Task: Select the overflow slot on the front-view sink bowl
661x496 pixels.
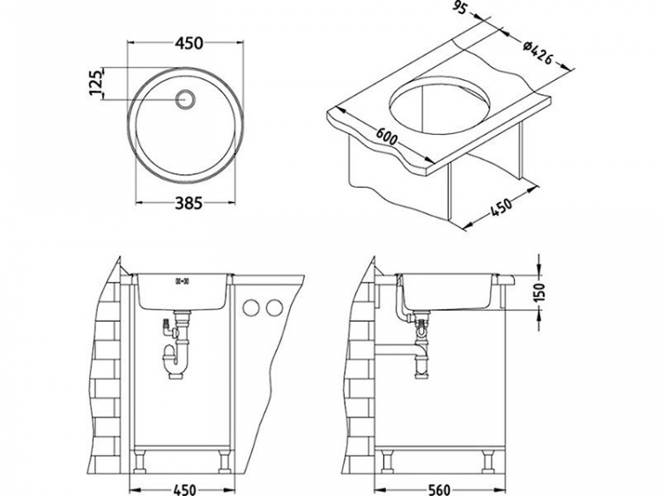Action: tap(184, 281)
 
